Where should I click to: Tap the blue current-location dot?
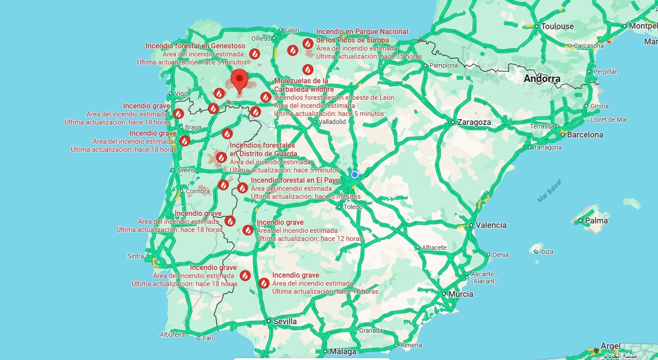pos(355,174)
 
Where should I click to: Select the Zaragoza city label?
pos(474,122)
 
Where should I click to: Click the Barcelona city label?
pos(585,135)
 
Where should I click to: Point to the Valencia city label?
pos(491,225)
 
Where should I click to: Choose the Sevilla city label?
pos(285,321)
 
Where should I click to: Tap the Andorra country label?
pos(542,79)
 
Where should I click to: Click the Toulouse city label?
pos(557,26)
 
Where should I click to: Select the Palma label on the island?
pos(596,221)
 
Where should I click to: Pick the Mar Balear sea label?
pos(549,191)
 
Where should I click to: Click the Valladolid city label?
pos(332,121)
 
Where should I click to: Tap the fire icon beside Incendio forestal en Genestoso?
pos(254,54)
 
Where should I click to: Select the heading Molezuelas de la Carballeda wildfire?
pos(301,85)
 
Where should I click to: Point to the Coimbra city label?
pos(198,191)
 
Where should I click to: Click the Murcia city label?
pos(460,294)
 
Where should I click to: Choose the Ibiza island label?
pos(546,252)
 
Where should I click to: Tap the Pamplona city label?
pos(443,65)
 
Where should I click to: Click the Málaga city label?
pos(343,351)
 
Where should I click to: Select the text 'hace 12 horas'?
pos(341,239)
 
